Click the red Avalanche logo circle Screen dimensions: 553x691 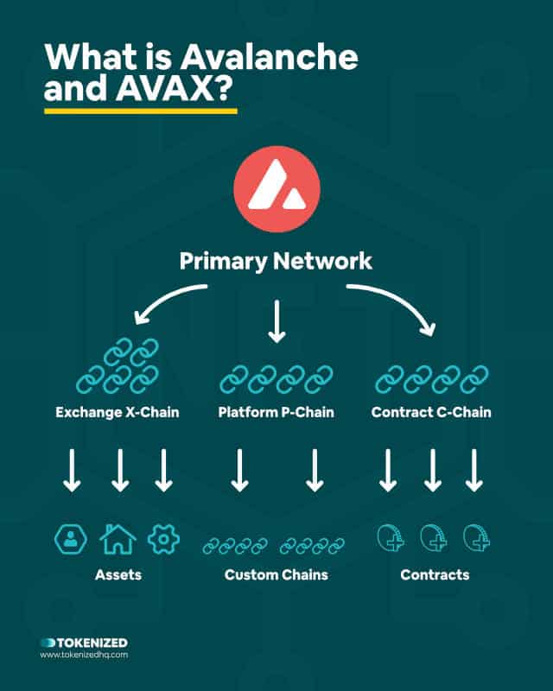(x=277, y=189)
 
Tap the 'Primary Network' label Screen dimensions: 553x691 (x=276, y=261)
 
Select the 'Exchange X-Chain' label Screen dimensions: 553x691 (x=118, y=412)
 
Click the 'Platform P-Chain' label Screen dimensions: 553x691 (x=276, y=412)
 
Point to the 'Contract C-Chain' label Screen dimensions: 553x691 (x=431, y=412)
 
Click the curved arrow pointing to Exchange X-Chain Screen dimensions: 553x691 (x=164, y=295)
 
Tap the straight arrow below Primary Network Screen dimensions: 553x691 (x=276, y=321)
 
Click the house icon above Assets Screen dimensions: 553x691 (x=118, y=538)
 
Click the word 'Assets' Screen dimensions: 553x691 (x=118, y=574)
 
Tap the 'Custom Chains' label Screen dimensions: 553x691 (x=276, y=574)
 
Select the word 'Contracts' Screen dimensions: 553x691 (x=435, y=574)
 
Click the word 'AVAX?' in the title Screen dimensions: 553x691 (x=175, y=88)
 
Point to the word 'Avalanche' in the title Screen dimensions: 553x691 (x=269, y=57)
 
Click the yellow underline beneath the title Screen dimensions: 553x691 (x=141, y=111)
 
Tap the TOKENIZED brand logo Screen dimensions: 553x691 (x=84, y=643)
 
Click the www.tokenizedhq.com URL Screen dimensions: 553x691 (x=84, y=655)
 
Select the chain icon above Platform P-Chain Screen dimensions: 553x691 (x=276, y=379)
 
